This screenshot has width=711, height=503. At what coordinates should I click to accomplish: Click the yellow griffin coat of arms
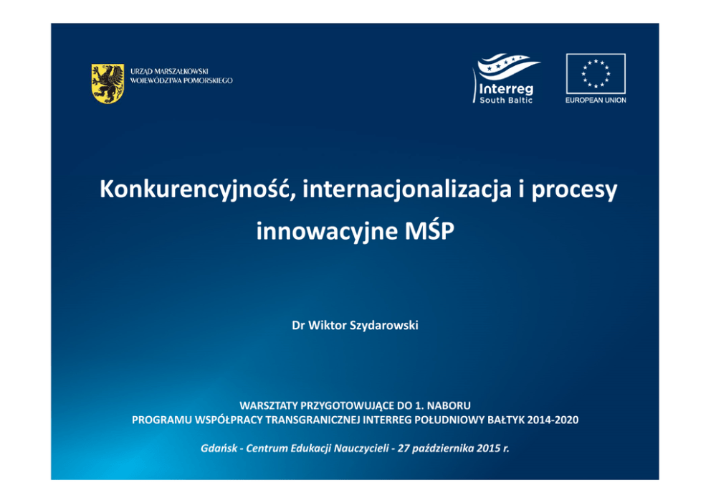pos(108,83)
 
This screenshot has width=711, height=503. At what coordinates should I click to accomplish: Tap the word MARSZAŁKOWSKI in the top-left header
pos(181,71)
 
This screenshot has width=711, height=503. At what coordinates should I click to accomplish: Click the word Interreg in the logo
pos(506,88)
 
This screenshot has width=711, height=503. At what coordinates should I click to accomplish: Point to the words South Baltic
pos(506,100)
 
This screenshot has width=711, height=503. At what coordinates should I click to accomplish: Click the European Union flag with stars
pos(596,73)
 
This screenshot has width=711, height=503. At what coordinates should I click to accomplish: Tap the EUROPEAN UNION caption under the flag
pos(596,100)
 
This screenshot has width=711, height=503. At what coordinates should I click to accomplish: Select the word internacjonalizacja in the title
pos(406,189)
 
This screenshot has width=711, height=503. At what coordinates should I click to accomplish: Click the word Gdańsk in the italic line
pos(219,448)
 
